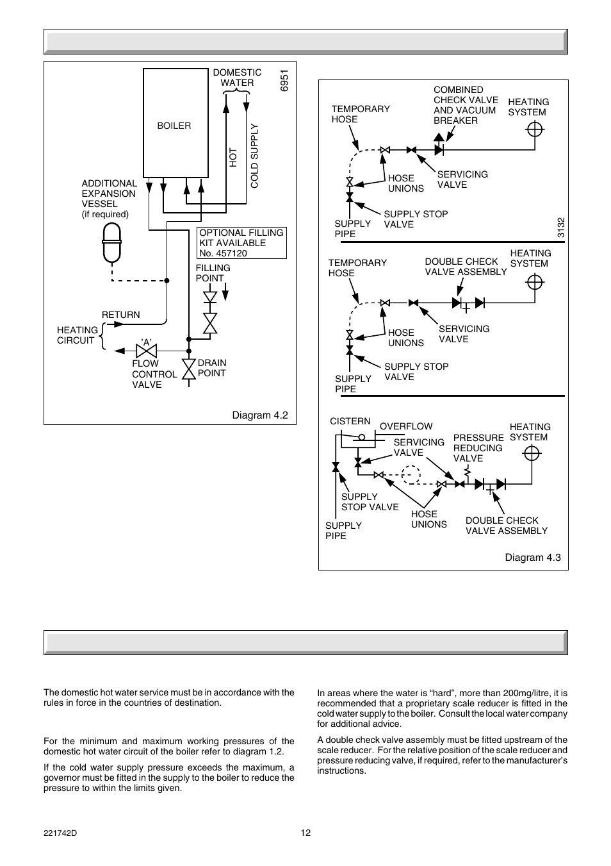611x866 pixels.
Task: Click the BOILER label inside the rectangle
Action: click(x=174, y=126)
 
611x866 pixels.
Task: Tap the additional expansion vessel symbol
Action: click(x=112, y=243)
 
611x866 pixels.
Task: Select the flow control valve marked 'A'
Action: click(x=147, y=351)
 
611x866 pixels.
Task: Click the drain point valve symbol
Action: click(x=188, y=369)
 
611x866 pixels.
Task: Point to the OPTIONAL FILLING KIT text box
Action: click(x=241, y=243)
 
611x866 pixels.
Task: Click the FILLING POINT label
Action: click(x=213, y=273)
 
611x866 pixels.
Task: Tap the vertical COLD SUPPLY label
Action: click(x=254, y=156)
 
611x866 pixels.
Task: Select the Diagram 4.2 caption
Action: click(x=260, y=415)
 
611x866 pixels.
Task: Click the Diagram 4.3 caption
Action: click(x=532, y=557)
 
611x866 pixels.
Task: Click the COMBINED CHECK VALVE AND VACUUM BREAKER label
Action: click(x=466, y=105)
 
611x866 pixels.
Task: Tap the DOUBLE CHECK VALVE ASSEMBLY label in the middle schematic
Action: click(x=466, y=267)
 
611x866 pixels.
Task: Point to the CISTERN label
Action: click(x=350, y=421)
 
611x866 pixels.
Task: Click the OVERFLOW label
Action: click(x=406, y=426)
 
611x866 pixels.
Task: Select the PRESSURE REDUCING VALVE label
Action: click(x=478, y=448)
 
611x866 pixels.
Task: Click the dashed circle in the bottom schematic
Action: click(x=410, y=475)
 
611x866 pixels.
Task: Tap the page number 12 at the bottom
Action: click(x=305, y=833)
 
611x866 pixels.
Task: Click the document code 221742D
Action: click(x=61, y=833)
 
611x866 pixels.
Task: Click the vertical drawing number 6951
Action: click(x=284, y=80)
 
